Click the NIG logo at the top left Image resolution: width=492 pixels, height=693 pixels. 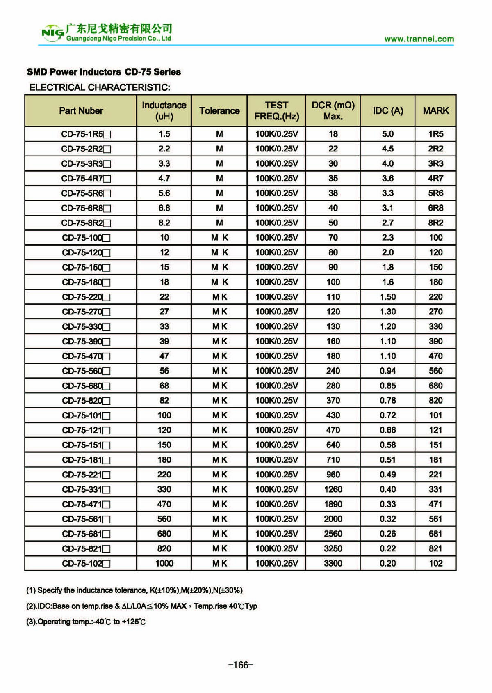point(52,33)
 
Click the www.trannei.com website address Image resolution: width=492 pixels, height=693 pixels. point(419,39)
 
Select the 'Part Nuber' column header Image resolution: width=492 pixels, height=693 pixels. point(81,111)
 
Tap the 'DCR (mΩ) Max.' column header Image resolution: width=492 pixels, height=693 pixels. point(333,111)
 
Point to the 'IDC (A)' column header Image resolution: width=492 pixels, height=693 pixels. point(387,111)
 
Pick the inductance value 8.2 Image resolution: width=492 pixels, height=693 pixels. point(164,223)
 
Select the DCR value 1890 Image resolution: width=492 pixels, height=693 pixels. point(333,504)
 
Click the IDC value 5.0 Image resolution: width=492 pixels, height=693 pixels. point(387,134)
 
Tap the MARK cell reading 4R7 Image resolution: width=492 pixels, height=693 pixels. point(435,179)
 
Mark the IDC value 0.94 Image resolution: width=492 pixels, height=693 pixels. point(387,371)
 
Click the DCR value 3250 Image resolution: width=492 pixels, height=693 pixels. point(333,549)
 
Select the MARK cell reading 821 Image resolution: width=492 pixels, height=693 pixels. point(435,549)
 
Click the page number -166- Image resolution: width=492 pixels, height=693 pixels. point(241,665)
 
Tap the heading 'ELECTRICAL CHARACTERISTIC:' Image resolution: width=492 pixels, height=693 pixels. point(100,87)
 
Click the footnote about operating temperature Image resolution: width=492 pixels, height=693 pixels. point(86,622)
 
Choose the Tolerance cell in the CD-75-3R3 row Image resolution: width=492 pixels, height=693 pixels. point(219,164)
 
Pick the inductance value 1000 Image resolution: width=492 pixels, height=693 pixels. point(164,564)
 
